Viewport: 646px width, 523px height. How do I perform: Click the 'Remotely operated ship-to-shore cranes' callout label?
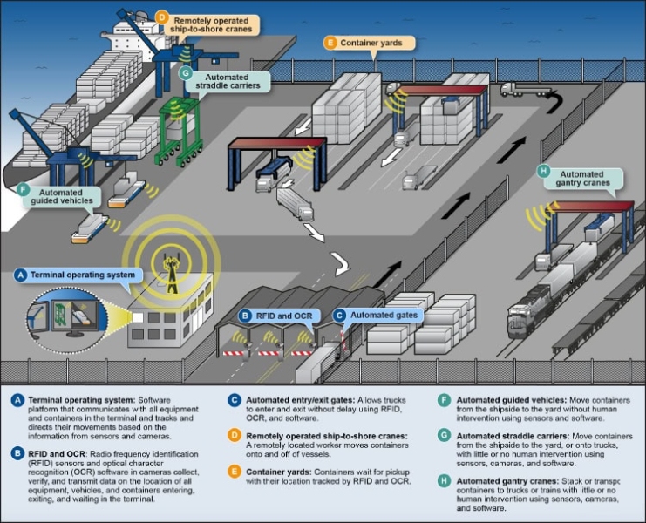tap(213, 24)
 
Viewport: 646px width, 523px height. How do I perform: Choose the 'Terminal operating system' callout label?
tap(83, 275)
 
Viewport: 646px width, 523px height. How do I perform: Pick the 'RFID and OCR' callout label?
tap(281, 315)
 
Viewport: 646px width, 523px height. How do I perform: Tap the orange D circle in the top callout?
tap(162, 17)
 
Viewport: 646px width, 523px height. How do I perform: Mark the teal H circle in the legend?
tap(445, 479)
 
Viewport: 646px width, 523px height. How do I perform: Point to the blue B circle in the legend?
tap(18, 453)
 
